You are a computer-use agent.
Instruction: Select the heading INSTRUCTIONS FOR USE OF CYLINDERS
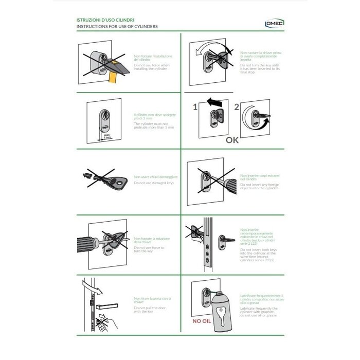(117, 26)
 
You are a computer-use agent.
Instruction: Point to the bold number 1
(195, 107)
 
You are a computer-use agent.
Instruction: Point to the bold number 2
(236, 107)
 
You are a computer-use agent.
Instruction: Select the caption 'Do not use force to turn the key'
(150, 249)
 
